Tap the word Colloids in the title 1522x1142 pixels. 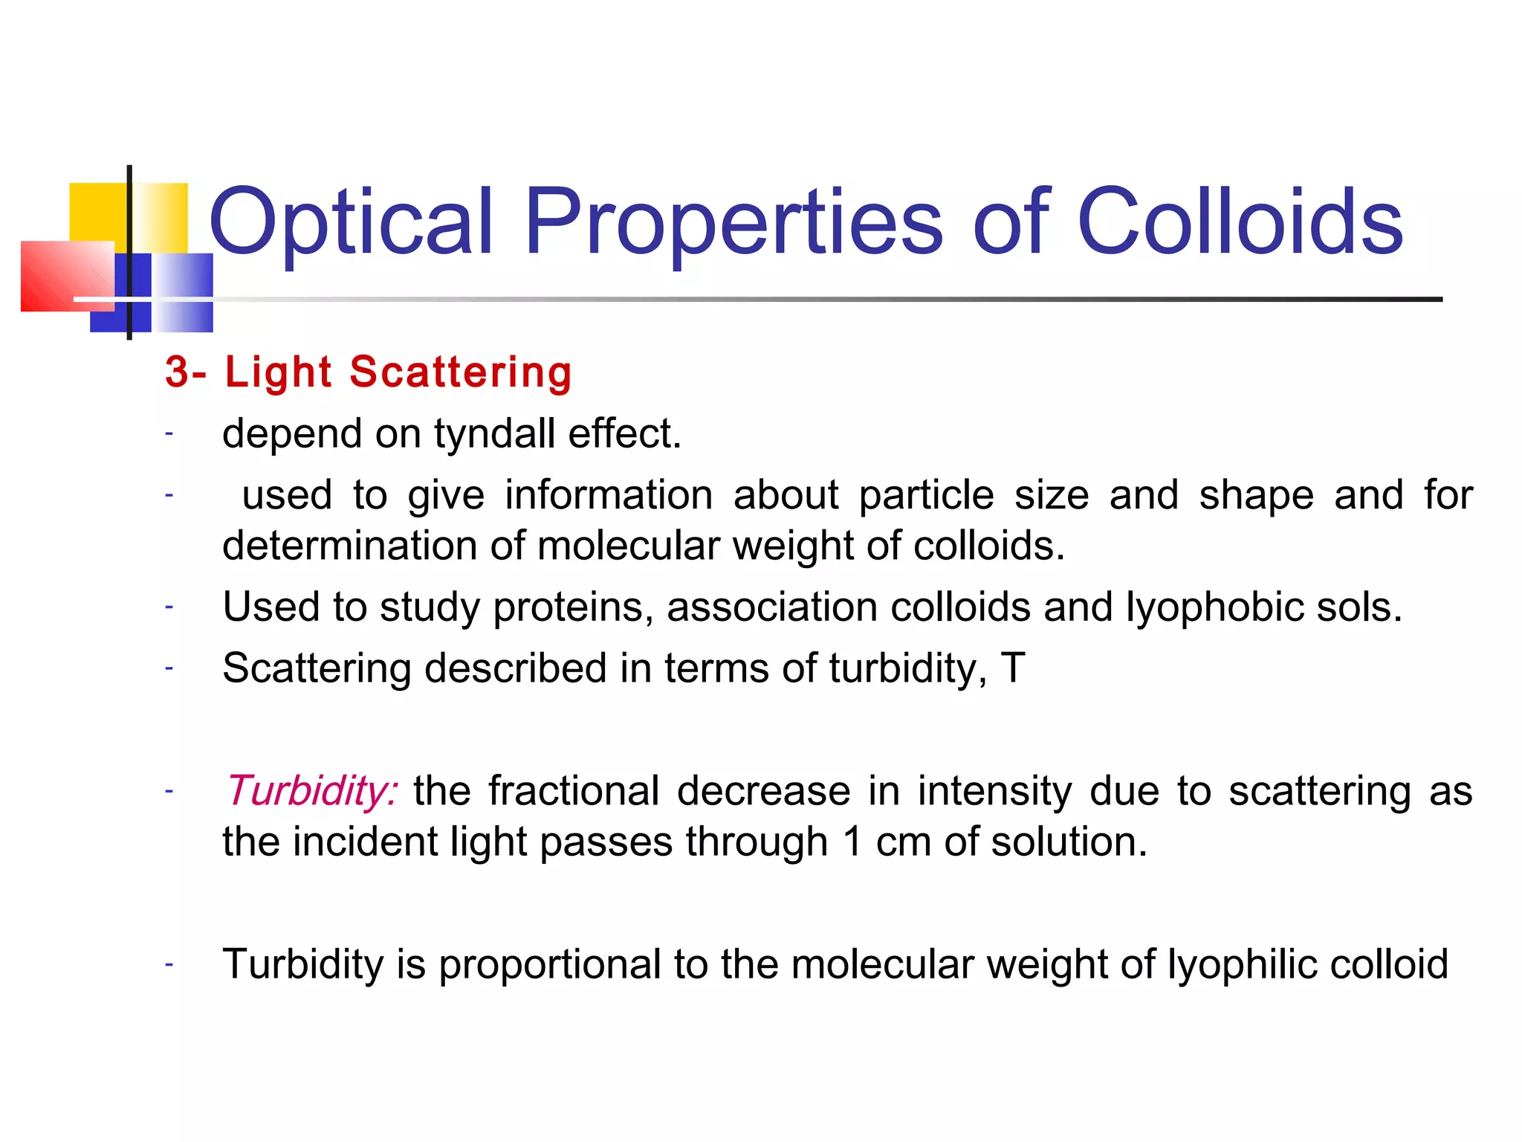(x=1240, y=222)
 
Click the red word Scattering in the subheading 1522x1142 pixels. (x=461, y=372)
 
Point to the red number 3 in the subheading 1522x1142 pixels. (x=177, y=372)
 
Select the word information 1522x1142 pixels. (x=609, y=495)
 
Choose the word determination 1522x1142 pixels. (x=349, y=546)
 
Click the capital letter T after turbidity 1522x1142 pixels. (x=1013, y=668)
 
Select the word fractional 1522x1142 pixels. (x=574, y=790)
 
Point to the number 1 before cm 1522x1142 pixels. (x=852, y=842)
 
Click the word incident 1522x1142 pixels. (x=365, y=842)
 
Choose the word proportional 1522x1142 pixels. (x=550, y=964)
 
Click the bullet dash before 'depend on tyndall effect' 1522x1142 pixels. (x=169, y=433)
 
